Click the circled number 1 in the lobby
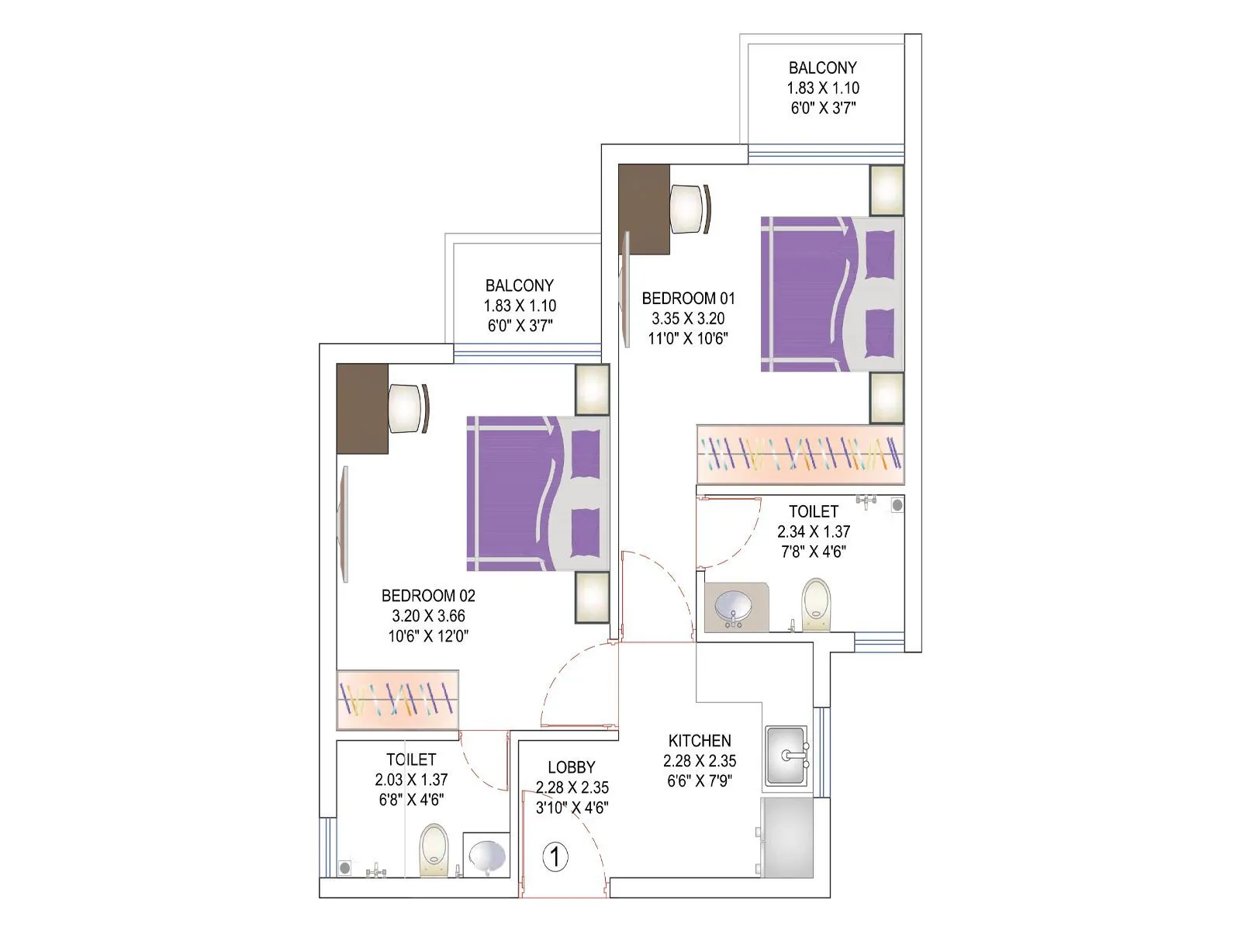click(x=555, y=857)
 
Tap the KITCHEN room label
click(x=700, y=741)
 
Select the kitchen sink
click(x=786, y=756)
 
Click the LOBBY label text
click(x=572, y=767)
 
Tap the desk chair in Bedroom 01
click(x=689, y=209)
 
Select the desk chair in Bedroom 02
click(x=407, y=409)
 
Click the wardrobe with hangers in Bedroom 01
click(x=800, y=455)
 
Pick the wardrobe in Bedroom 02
click(x=398, y=700)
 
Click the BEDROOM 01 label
click(x=688, y=298)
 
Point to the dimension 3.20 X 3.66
click(x=428, y=616)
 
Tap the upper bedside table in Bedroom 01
click(x=887, y=190)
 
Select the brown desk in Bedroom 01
click(x=644, y=209)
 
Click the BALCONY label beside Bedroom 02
click(x=520, y=286)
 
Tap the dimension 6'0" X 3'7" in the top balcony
click(x=823, y=108)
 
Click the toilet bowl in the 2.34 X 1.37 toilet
click(x=815, y=602)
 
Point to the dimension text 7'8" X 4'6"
click(x=813, y=552)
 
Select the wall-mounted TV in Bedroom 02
click(x=343, y=524)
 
